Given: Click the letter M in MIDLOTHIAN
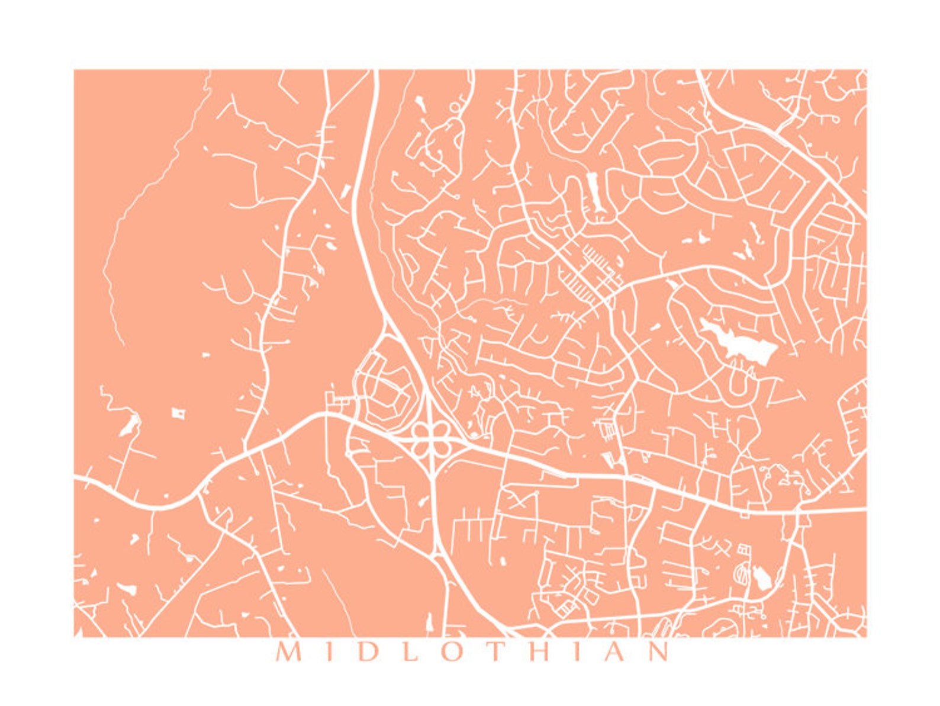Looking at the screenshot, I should (x=288, y=652).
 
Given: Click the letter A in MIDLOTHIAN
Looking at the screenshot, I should (x=614, y=652).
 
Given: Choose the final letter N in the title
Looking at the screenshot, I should (x=658, y=652).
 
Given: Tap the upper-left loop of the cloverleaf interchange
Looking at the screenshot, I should (x=420, y=431).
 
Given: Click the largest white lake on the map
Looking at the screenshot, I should (x=740, y=341).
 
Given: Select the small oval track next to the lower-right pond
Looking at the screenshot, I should (x=741, y=573).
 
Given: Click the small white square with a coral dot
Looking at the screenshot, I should (x=178, y=412).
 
